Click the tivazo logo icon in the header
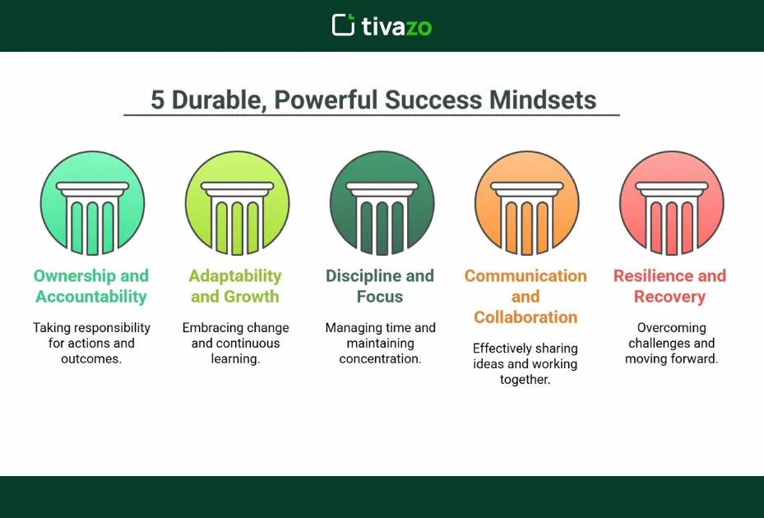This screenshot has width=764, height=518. pos(343,25)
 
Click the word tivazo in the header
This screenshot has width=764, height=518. pos(396,26)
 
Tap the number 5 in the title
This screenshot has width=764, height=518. pos(157,100)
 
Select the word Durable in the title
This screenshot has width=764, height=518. pos(217,100)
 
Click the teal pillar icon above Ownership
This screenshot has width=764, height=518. pos(92,203)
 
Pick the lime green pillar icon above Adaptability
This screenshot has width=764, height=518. pos(237,203)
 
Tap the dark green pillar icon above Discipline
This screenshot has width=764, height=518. pos(382,203)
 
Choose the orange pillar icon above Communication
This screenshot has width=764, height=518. pos(526,203)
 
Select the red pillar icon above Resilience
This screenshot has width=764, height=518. pos(671,203)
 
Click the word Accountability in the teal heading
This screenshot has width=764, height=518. pos(91,297)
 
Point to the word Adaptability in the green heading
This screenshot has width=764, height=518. pos(235,276)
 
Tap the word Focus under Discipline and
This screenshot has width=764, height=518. pos(380,297)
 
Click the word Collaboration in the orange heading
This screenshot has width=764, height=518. pos(526,317)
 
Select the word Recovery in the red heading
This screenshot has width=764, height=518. pos(670,297)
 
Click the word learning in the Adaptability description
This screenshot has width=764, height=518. pos(236,358)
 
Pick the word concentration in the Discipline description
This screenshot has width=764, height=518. pos(380,358)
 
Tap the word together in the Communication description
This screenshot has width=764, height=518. pos(525,379)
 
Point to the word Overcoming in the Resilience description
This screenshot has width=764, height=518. pos(671,327)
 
